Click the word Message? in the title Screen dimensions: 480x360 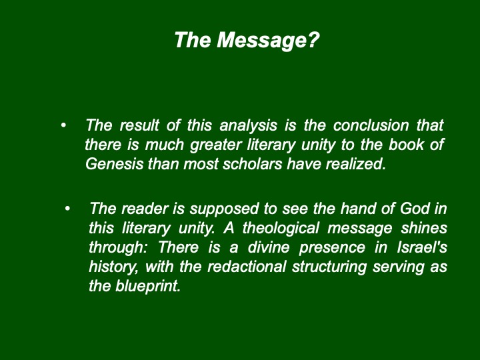[268, 41]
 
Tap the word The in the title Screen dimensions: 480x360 [193, 40]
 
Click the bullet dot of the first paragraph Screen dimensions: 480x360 [63, 125]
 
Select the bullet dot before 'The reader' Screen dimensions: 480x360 [67, 209]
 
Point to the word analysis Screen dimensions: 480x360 [248, 126]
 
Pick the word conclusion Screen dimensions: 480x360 [371, 125]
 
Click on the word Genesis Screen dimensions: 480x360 [114, 164]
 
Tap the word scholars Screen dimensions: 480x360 [252, 164]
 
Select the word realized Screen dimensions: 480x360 [356, 164]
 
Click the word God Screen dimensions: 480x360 [415, 209]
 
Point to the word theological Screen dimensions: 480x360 [281, 228]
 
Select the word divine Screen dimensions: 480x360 [269, 247]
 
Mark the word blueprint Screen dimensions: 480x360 [148, 287]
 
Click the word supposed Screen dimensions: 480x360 [224, 209]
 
